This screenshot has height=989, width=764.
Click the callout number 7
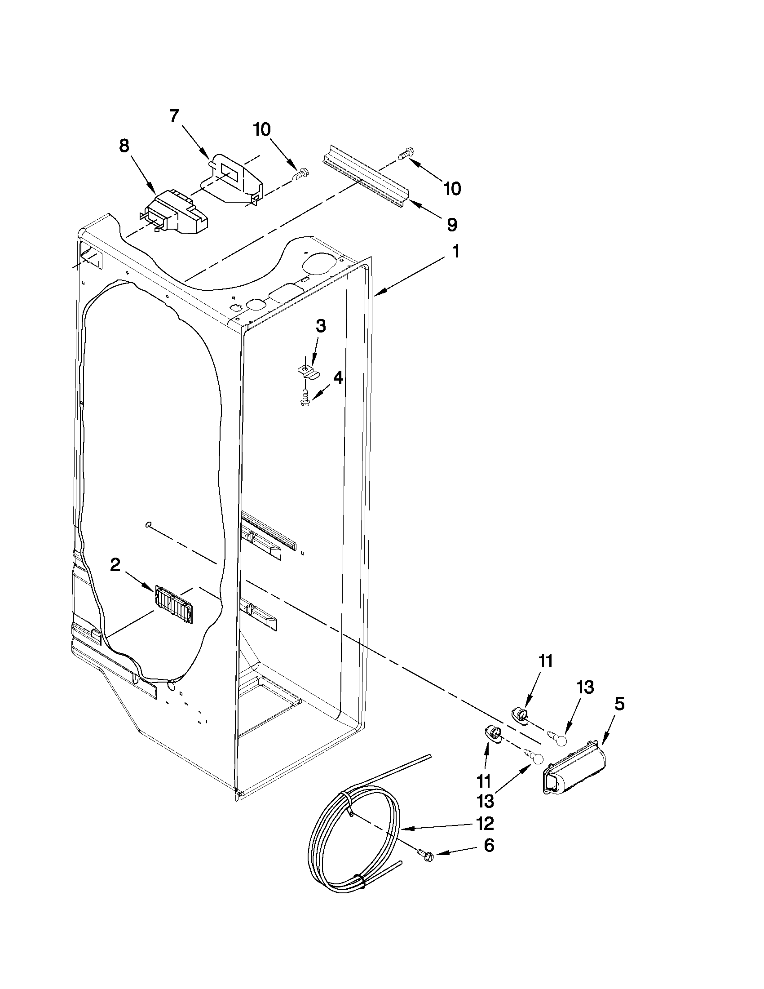coord(174,116)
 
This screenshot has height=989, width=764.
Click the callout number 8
coord(124,146)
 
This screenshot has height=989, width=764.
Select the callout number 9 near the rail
coord(452,225)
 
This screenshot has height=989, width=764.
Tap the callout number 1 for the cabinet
coord(456,252)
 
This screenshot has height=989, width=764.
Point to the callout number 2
coord(115,565)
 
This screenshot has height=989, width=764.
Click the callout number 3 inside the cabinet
coord(320,326)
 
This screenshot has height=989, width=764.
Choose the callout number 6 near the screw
coord(489,846)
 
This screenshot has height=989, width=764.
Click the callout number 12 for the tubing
coord(485,823)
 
